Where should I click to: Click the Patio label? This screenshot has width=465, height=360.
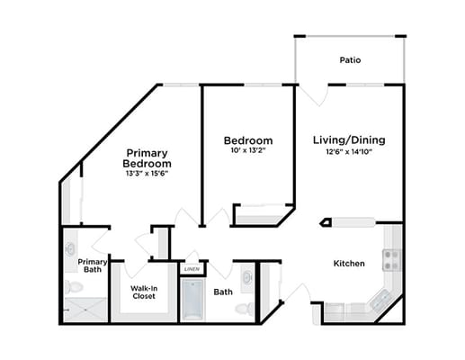pyautogui.click(x=351, y=61)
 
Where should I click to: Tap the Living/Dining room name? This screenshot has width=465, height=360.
pyautogui.click(x=348, y=140)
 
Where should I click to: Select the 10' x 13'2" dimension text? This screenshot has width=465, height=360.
pyautogui.click(x=248, y=151)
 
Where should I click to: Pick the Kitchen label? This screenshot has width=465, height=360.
pyautogui.click(x=349, y=264)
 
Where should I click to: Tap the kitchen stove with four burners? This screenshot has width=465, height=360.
pyautogui.click(x=391, y=260)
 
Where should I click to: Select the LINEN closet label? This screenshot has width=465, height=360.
pyautogui.click(x=191, y=269)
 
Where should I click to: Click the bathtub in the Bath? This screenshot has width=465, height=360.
pyautogui.click(x=192, y=301)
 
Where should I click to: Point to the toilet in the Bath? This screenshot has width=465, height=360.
pyautogui.click(x=242, y=309)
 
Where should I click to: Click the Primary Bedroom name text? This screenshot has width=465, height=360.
pyautogui.click(x=148, y=157)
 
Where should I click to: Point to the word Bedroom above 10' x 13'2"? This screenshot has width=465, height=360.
pyautogui.click(x=248, y=140)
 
